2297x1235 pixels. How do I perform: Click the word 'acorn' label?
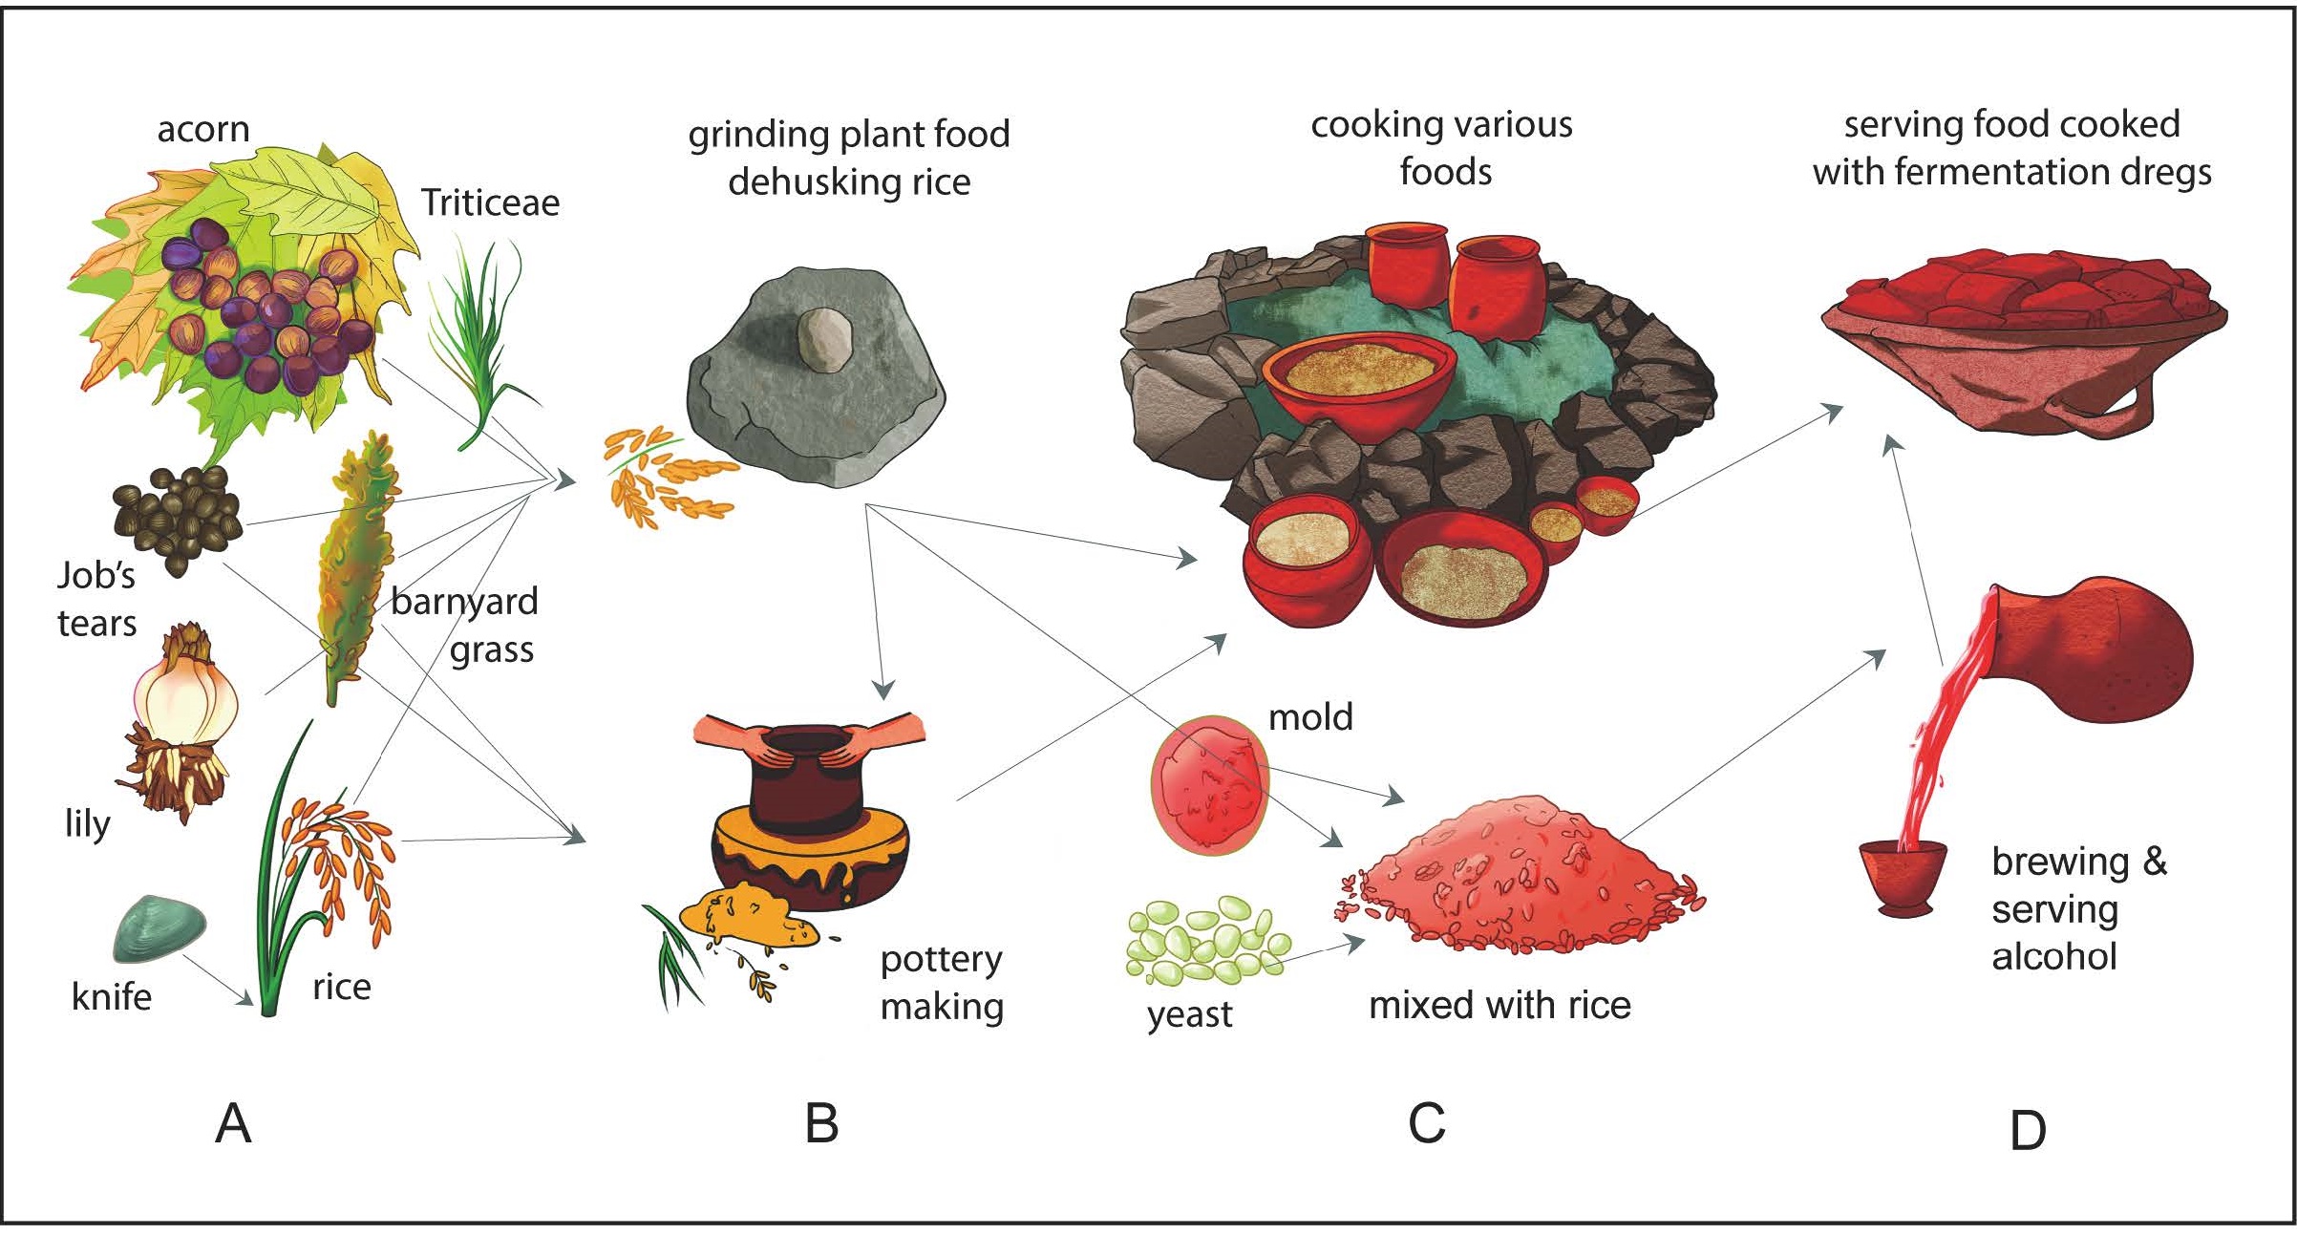pyautogui.click(x=202, y=129)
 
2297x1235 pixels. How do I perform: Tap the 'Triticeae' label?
pyautogui.click(x=490, y=202)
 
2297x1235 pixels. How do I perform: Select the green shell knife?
pyautogui.click(x=160, y=928)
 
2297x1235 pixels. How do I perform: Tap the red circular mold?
pyautogui.click(x=1209, y=784)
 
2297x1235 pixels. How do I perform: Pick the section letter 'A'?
pyautogui.click(x=233, y=1123)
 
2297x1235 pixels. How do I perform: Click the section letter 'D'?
pyautogui.click(x=2028, y=1131)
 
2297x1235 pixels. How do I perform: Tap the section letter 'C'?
pyautogui.click(x=1427, y=1123)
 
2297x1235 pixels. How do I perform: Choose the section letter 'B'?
pyautogui.click(x=821, y=1123)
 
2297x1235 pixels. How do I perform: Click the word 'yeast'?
pyautogui.click(x=1189, y=1015)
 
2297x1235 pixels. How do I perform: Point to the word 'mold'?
pyautogui.click(x=1310, y=717)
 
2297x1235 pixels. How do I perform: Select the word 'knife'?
pyautogui.click(x=112, y=997)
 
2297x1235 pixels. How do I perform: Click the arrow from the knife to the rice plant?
pyautogui.click(x=219, y=979)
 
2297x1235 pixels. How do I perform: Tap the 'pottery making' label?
pyautogui.click(x=942, y=983)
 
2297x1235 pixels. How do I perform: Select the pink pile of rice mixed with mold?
pyautogui.click(x=1519, y=879)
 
